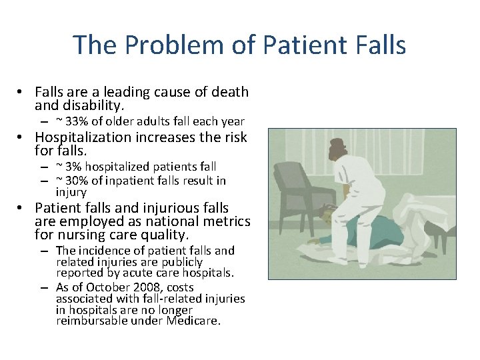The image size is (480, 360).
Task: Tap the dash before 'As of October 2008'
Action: (43, 288)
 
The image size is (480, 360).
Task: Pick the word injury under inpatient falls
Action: (71, 192)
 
